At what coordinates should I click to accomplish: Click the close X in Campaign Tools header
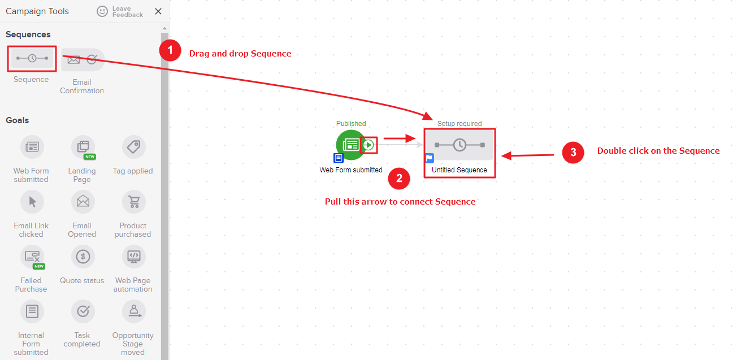click(x=158, y=11)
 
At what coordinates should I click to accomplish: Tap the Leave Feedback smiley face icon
click(x=102, y=11)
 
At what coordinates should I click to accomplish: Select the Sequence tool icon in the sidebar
click(x=32, y=59)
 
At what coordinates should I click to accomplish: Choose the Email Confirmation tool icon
click(x=83, y=59)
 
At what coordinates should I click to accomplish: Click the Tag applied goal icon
click(x=133, y=147)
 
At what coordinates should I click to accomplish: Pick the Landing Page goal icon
click(x=83, y=147)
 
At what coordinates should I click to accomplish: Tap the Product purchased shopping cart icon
click(x=133, y=202)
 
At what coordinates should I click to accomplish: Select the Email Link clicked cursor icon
click(x=32, y=202)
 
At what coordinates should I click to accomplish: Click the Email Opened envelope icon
click(x=83, y=202)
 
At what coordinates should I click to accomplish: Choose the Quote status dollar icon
click(x=83, y=257)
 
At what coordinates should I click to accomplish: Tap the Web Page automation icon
click(x=133, y=257)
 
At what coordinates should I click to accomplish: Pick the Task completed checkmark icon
click(x=83, y=311)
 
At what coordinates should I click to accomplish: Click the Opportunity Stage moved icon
click(x=133, y=311)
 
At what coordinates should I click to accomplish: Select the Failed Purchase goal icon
click(x=32, y=257)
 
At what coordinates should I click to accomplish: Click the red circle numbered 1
click(x=170, y=50)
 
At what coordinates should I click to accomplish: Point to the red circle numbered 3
click(x=573, y=153)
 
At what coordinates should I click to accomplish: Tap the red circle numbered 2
click(x=399, y=179)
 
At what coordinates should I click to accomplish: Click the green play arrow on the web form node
click(x=368, y=145)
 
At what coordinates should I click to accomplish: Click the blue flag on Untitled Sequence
click(x=430, y=158)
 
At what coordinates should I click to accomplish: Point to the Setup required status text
click(x=459, y=123)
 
